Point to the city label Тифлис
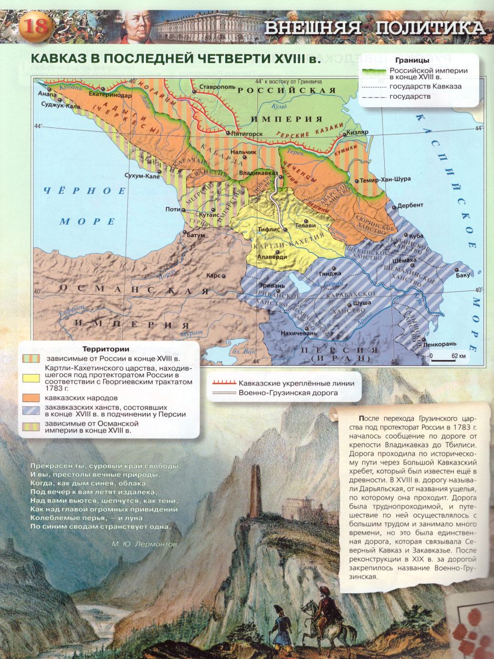(x=270, y=228)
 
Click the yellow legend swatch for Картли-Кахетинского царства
(x=31, y=378)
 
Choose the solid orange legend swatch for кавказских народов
(x=31, y=397)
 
